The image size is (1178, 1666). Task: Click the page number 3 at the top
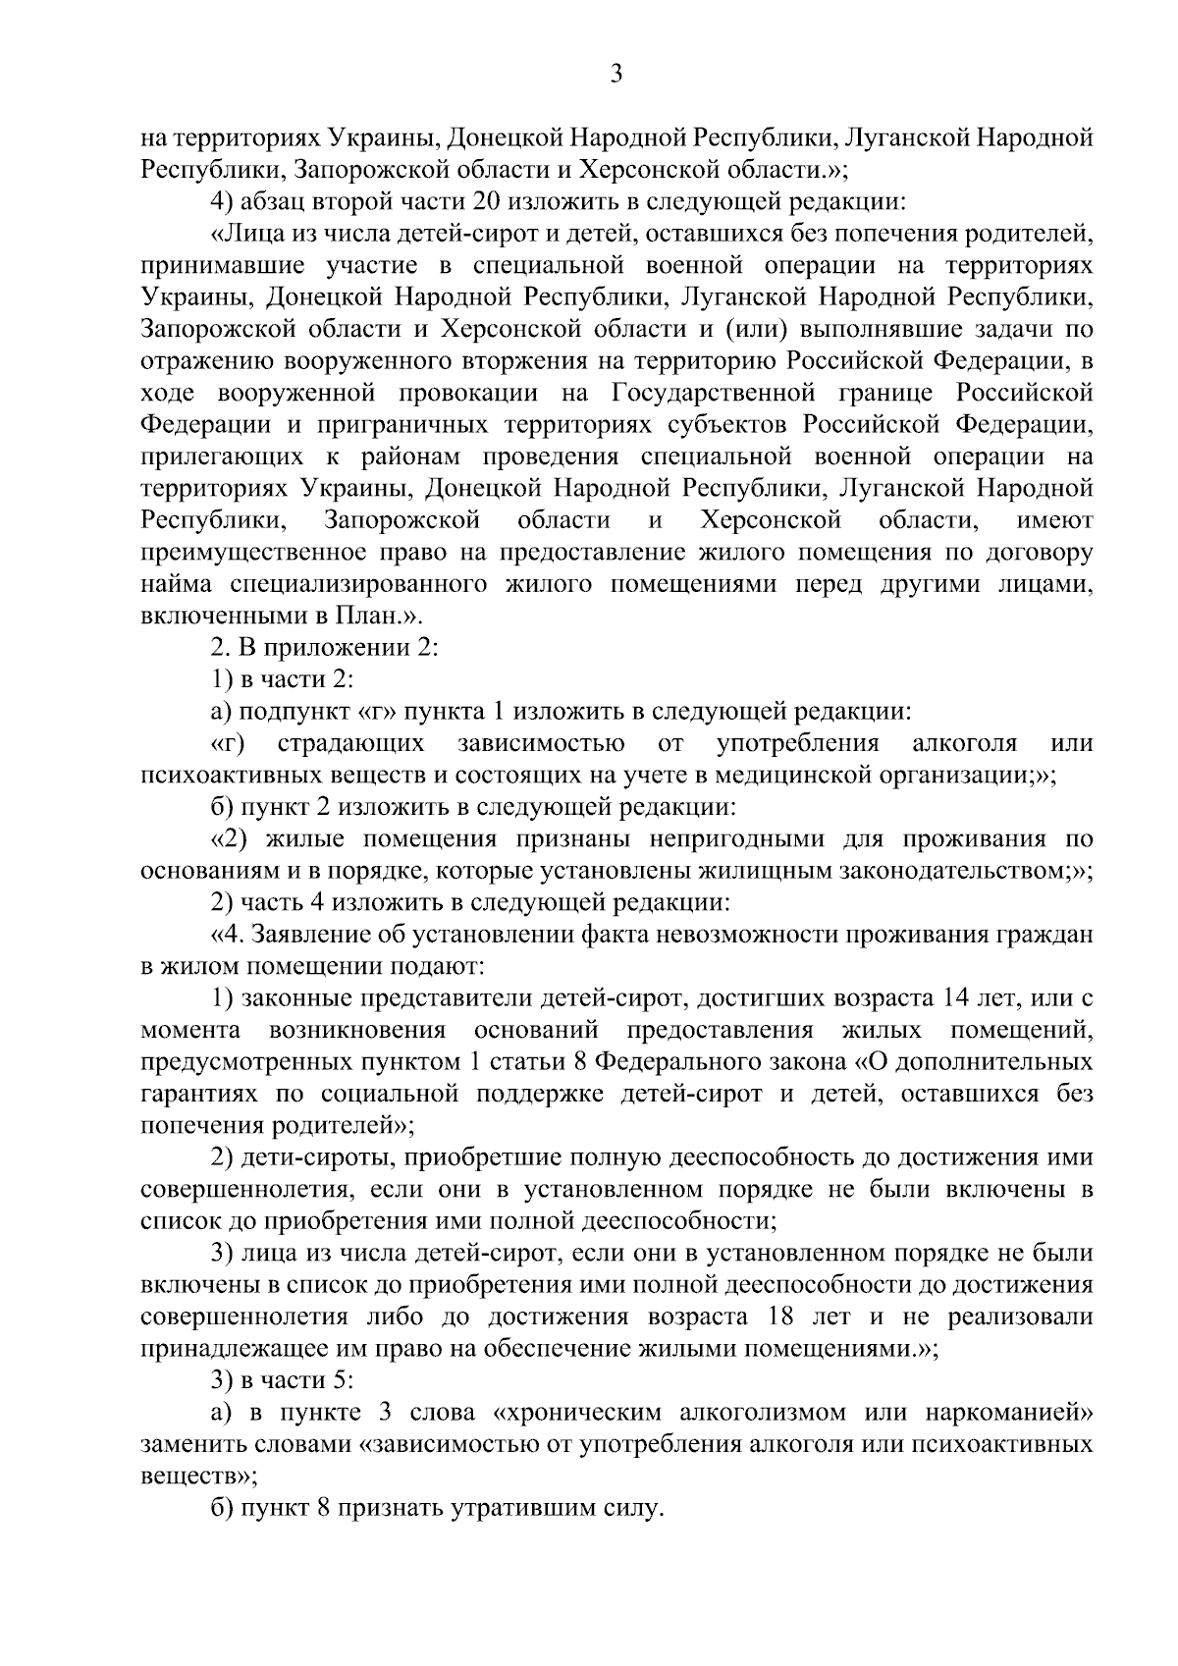pyautogui.click(x=616, y=76)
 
